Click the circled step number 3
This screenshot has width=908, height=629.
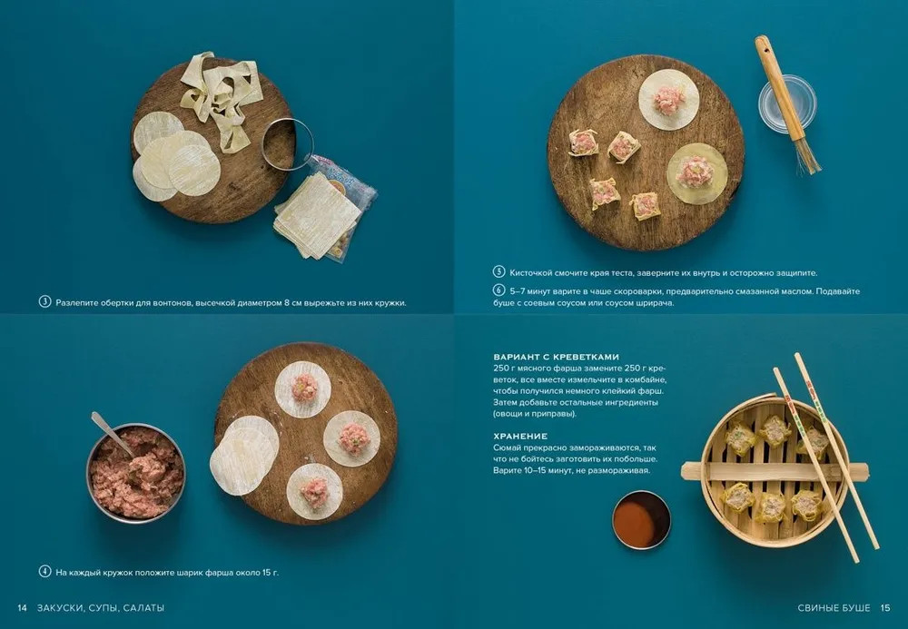pyautogui.click(x=45, y=302)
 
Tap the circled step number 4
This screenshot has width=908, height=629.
pyautogui.click(x=45, y=572)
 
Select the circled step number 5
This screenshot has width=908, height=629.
pyautogui.click(x=499, y=272)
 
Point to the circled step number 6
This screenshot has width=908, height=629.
pyautogui.click(x=499, y=290)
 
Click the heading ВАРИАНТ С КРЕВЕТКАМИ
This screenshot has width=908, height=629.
pyautogui.click(x=556, y=357)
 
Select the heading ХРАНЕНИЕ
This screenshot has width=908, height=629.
pyautogui.click(x=520, y=437)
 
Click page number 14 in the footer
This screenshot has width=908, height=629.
pyautogui.click(x=22, y=607)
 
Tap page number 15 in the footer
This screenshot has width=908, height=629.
pyautogui.click(x=885, y=607)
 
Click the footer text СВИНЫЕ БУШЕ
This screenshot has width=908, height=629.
pyautogui.click(x=834, y=607)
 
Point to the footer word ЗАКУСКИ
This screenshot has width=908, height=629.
pyautogui.click(x=59, y=607)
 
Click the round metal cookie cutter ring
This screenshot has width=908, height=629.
pyautogui.click(x=288, y=144)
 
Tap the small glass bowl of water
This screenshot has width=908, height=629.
pyautogui.click(x=787, y=105)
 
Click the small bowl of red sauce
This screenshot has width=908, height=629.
pyautogui.click(x=642, y=520)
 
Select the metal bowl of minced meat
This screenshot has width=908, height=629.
pyautogui.click(x=136, y=474)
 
